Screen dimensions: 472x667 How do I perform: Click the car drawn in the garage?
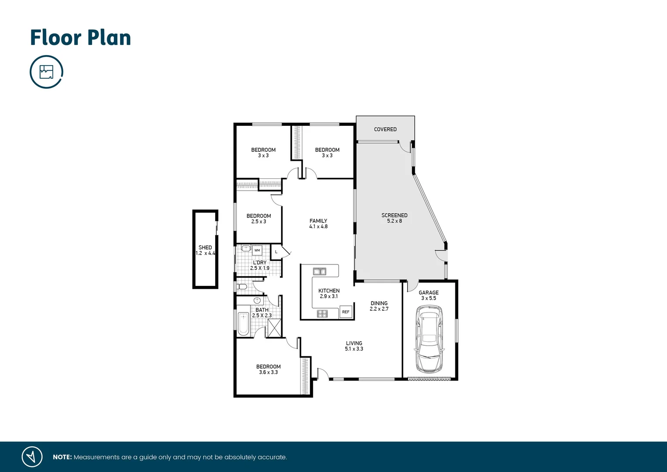[429, 339]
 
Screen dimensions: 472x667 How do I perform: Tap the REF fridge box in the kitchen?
[346, 312]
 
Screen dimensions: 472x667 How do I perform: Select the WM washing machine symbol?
[257, 250]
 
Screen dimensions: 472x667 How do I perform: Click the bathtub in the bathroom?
[243, 323]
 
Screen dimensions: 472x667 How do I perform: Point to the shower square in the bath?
[275, 328]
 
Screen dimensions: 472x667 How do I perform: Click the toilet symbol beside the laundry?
[242, 287]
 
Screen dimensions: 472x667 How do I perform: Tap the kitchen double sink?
[320, 271]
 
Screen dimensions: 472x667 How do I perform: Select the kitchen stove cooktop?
[322, 313]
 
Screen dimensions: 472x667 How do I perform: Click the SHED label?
[205, 248]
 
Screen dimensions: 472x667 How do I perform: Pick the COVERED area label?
[385, 129]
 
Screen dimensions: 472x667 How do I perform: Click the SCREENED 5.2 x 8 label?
[394, 218]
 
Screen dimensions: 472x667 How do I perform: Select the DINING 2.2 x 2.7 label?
[379, 306]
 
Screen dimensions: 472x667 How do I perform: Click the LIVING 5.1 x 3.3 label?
[354, 346]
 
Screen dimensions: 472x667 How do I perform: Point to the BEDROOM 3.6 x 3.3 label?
[268, 369]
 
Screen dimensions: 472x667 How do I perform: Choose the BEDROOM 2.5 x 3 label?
[258, 219]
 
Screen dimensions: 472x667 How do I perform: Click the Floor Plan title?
[80, 38]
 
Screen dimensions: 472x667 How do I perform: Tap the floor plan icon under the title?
[46, 72]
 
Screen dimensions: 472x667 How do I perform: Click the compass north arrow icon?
[32, 457]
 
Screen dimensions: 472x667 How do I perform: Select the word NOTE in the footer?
[62, 457]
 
